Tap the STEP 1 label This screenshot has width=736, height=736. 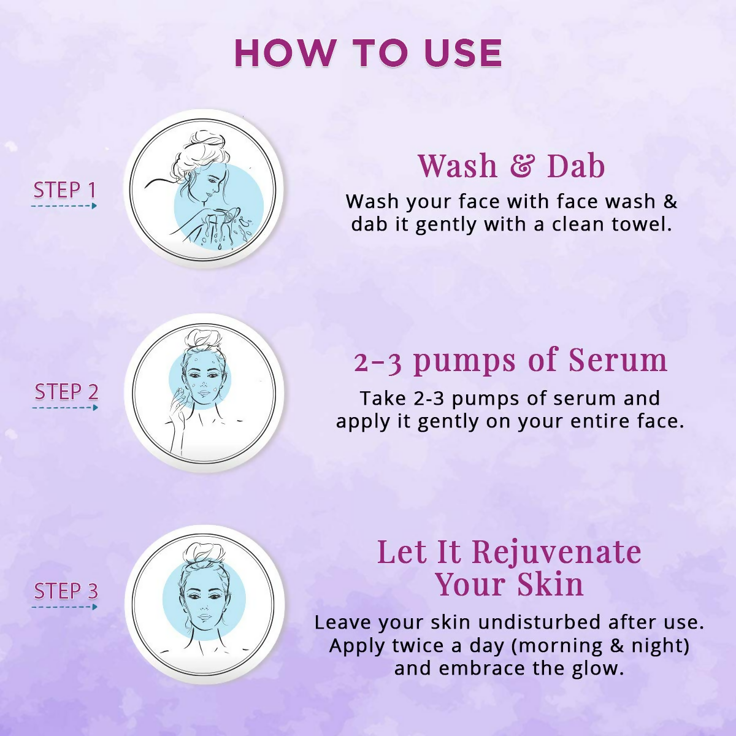tap(65, 190)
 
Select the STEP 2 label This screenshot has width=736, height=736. tap(66, 391)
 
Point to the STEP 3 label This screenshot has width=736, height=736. tap(66, 591)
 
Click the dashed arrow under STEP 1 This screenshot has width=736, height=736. tap(64, 206)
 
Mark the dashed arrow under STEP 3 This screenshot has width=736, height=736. tap(64, 607)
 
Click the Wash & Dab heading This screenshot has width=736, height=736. tap(511, 166)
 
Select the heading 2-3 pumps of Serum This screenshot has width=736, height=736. tap(510, 360)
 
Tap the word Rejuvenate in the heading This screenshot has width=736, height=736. tap(556, 552)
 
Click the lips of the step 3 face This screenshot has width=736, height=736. tap(204, 618)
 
